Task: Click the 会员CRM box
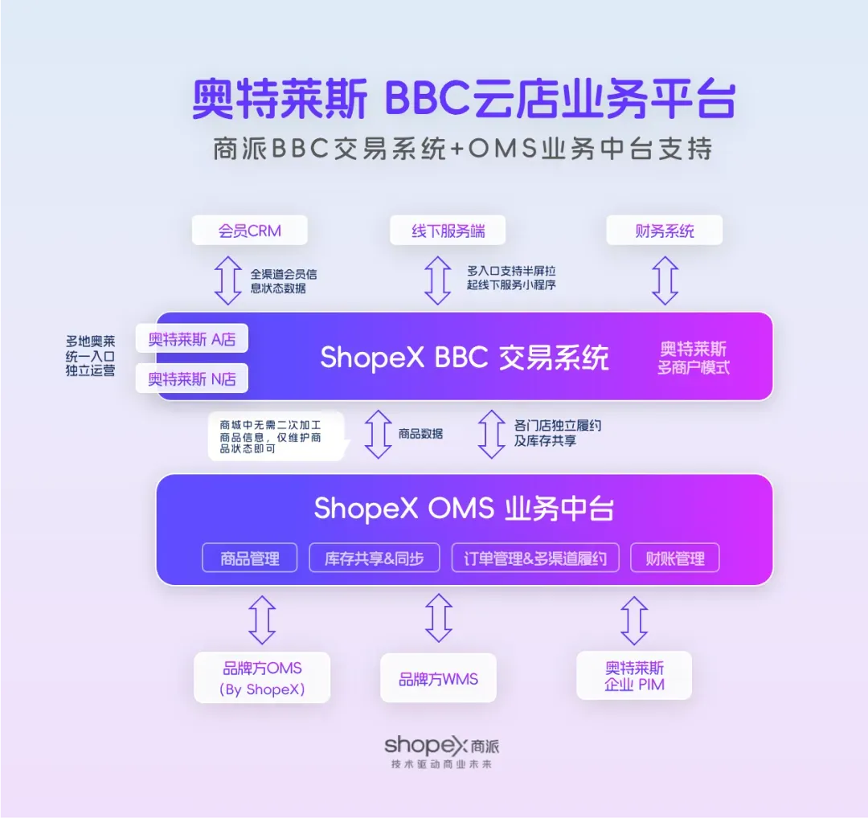[250, 231]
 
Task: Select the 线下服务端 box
[448, 231]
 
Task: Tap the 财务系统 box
[665, 231]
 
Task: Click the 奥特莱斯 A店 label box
[192, 339]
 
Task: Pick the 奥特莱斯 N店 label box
[192, 378]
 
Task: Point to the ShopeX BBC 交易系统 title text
[465, 357]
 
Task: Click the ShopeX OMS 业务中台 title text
[464, 509]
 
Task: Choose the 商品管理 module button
[250, 558]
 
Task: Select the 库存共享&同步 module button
[375, 558]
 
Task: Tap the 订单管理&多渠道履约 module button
[535, 558]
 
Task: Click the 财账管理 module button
[675, 558]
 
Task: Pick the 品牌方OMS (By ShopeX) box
[262, 678]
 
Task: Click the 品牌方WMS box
[439, 679]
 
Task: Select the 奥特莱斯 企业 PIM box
[634, 676]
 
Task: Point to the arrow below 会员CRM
[228, 279]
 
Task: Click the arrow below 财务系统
[665, 279]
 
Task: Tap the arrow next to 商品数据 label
[378, 433]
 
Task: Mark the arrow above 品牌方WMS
[439, 617]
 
